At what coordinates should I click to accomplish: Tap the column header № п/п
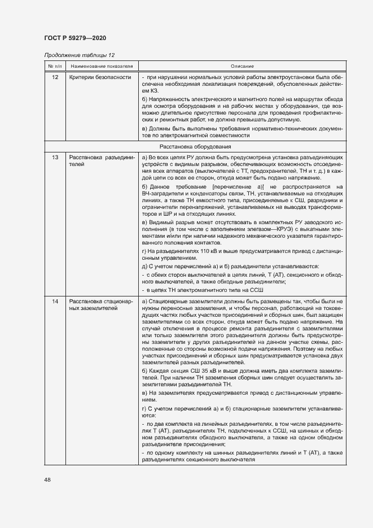[55, 66]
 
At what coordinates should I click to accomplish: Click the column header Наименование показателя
[101, 66]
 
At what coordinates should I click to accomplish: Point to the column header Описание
[242, 66]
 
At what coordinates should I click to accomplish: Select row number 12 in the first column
[55, 77]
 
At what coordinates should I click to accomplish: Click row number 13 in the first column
[55, 156]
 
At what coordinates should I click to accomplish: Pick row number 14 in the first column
[55, 302]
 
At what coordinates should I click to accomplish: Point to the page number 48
[47, 479]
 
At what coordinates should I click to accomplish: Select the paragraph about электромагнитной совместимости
[242, 132]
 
